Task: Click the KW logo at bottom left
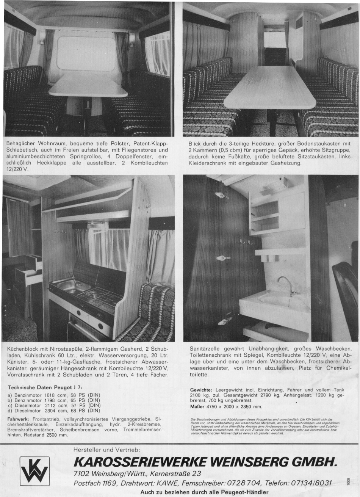[x=35, y=470]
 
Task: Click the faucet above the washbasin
[x=285, y=284]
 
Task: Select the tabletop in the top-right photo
[x=270, y=88]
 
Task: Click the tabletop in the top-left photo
[x=88, y=86]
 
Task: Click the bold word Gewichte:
[x=200, y=390]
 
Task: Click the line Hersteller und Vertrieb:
[x=107, y=450]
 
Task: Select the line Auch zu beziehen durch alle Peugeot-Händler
[x=204, y=492]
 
